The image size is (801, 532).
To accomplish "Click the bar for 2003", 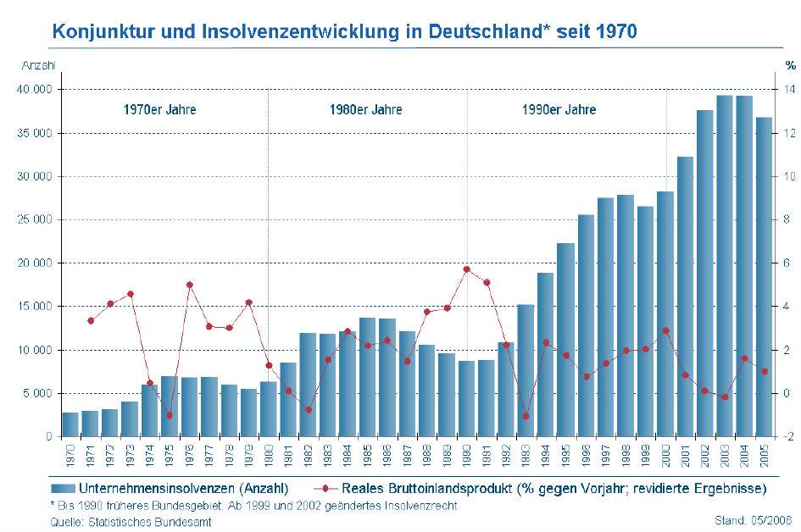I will [724, 266].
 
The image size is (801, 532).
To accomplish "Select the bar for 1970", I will [70, 424].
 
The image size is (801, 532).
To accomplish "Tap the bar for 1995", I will [565, 340].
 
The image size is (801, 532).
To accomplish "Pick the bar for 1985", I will [367, 377].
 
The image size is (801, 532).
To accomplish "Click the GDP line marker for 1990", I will [466, 269].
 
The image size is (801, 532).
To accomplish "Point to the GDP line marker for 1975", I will [170, 415].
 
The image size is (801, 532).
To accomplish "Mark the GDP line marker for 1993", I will [526, 416].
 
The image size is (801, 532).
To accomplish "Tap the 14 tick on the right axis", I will [790, 89].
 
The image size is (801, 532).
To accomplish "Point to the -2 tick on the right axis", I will [790, 436].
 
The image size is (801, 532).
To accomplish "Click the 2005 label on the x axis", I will [764, 455].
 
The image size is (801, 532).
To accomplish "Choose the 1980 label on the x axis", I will [269, 455].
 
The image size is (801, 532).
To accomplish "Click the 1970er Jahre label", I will [159, 110].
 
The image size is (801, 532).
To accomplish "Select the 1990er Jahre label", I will [559, 110].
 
